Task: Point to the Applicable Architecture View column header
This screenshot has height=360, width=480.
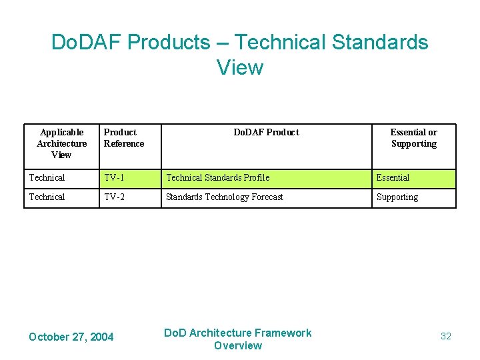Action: coord(61,143)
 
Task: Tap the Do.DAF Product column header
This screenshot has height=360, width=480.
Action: coord(266,133)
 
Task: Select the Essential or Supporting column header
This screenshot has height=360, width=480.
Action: coord(413,138)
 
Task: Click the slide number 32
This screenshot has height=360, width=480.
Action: coord(446,337)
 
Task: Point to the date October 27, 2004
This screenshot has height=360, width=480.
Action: coord(71,337)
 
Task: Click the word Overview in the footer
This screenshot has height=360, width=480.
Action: coord(238,345)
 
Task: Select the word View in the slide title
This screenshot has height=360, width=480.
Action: coord(240,67)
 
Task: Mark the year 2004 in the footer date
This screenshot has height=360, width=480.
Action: coord(101,337)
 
